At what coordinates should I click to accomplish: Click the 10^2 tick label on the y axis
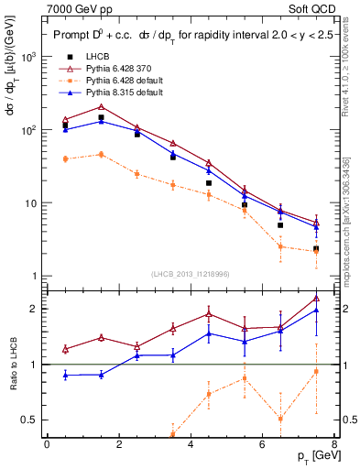point(28,130)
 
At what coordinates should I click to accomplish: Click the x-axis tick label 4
point(191,444)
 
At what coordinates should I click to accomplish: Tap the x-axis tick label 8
point(334,444)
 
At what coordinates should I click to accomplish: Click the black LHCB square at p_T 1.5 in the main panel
point(101,118)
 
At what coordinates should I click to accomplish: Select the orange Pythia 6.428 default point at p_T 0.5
point(65,158)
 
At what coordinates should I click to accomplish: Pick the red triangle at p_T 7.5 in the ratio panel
point(316,298)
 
